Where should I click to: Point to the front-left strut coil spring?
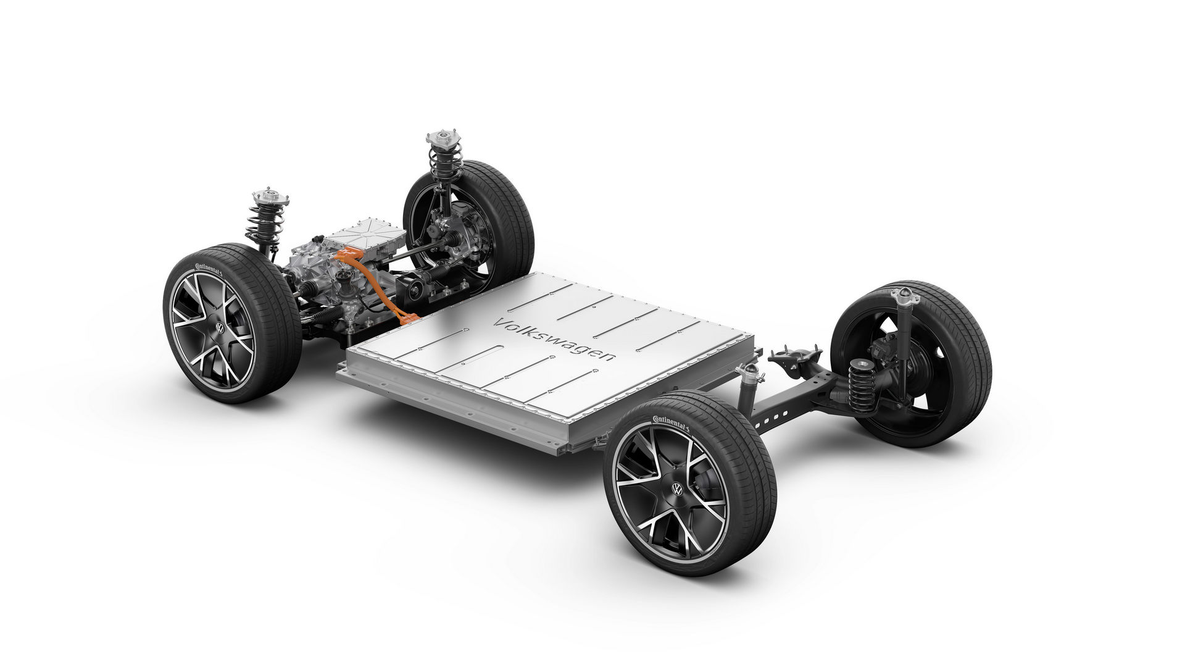(264, 223)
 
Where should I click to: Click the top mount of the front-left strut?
(270, 197)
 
